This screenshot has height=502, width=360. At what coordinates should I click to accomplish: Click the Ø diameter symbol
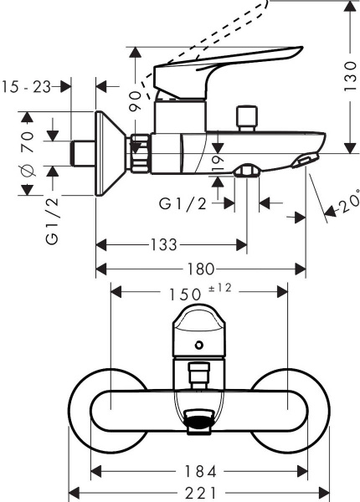[26, 172]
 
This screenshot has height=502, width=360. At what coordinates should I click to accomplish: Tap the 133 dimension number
[164, 244]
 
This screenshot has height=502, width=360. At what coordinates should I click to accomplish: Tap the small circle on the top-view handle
[198, 345]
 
